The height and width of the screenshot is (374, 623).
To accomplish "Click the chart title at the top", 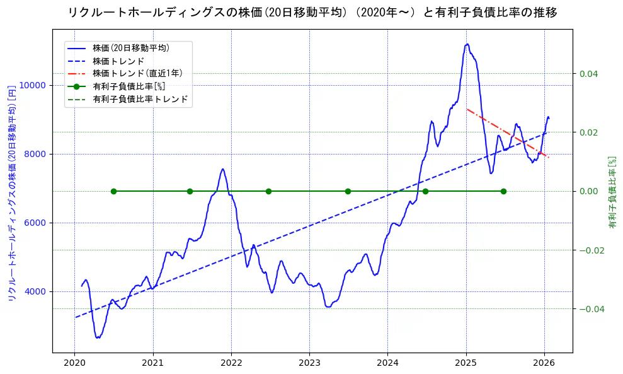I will (312, 13).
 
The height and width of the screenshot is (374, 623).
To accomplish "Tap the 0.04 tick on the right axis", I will (588, 74).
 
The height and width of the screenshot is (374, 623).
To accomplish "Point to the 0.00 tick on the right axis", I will (588, 191).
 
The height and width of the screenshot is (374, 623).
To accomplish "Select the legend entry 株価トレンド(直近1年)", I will (137, 73).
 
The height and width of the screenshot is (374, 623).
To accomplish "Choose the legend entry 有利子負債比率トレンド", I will (140, 99).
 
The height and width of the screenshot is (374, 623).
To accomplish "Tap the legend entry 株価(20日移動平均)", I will (130, 47).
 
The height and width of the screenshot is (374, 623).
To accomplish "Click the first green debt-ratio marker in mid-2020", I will (113, 191).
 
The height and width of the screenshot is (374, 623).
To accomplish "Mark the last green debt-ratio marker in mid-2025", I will (503, 191).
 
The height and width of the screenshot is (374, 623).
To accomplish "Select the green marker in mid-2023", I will (348, 191).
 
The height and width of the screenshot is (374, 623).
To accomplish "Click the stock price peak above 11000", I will (467, 44).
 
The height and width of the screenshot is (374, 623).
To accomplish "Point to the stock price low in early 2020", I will (98, 337).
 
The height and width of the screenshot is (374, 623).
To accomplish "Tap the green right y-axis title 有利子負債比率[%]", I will (612, 192).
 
